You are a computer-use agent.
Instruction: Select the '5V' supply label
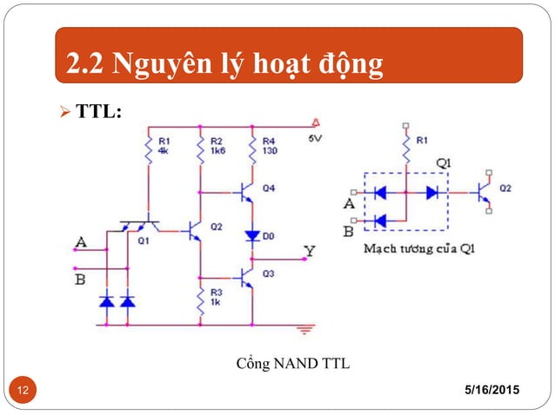coord(314,137)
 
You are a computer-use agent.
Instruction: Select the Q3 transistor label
coord(268,274)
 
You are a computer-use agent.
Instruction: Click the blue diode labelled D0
coord(252,235)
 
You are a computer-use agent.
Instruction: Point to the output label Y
coord(309,251)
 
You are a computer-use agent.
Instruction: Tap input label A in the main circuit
coord(81,240)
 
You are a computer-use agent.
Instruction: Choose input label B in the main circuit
coord(81,279)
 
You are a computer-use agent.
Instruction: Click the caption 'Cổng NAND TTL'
coord(293,363)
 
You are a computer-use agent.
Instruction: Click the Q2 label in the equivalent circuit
coord(506,187)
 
